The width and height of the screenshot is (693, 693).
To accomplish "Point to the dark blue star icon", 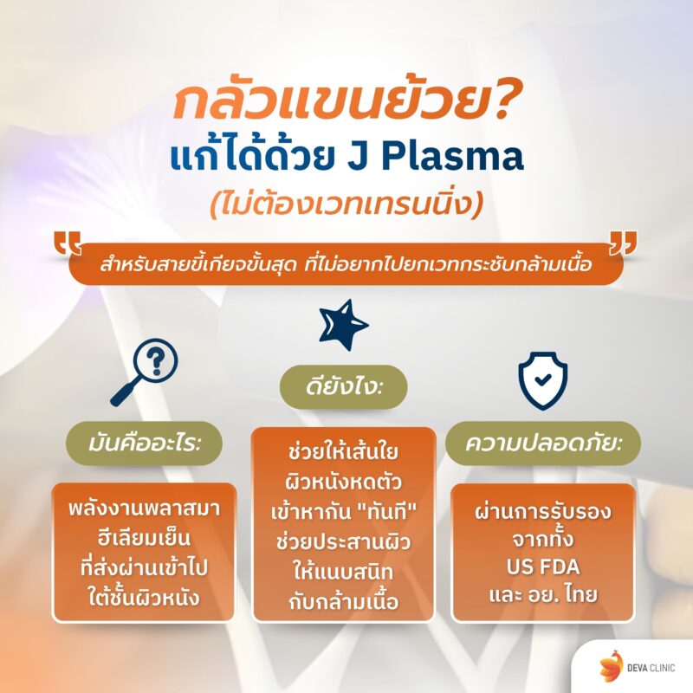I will [x=344, y=323].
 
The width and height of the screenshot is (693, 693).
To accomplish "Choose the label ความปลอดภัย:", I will [x=542, y=446].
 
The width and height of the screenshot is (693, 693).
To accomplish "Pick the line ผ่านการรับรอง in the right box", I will [x=543, y=511].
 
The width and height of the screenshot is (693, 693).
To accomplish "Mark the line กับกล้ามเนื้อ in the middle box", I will [x=344, y=603].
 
